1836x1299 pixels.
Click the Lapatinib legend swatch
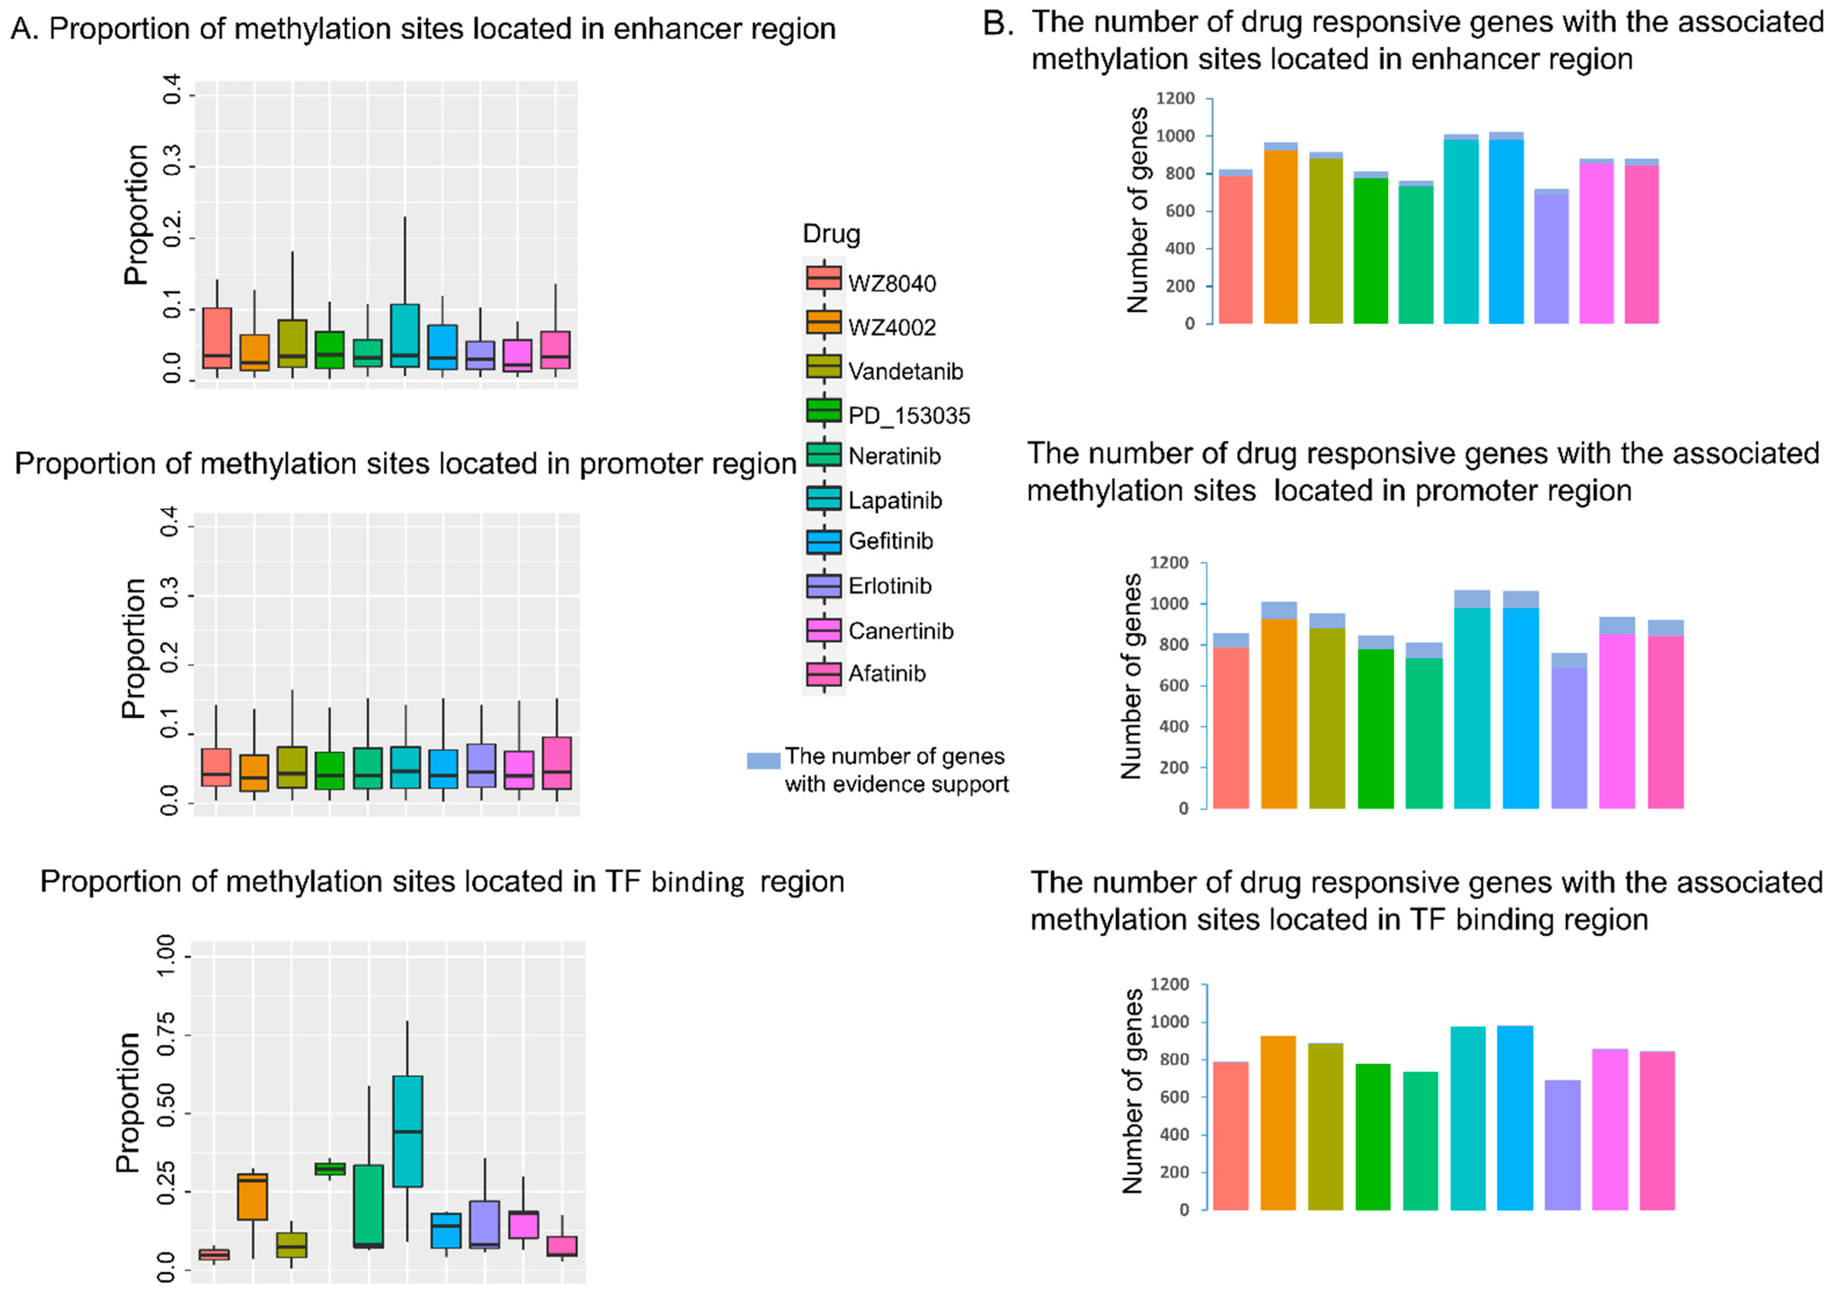tap(823, 499)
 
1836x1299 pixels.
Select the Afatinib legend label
tap(886, 674)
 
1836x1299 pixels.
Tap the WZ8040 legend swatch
tap(823, 278)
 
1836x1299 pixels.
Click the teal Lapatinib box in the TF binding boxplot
tap(407, 1131)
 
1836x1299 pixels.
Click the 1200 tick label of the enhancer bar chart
tap(1175, 99)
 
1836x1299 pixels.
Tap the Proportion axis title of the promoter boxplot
tap(133, 648)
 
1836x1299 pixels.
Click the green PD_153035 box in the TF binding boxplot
tap(329, 1169)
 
